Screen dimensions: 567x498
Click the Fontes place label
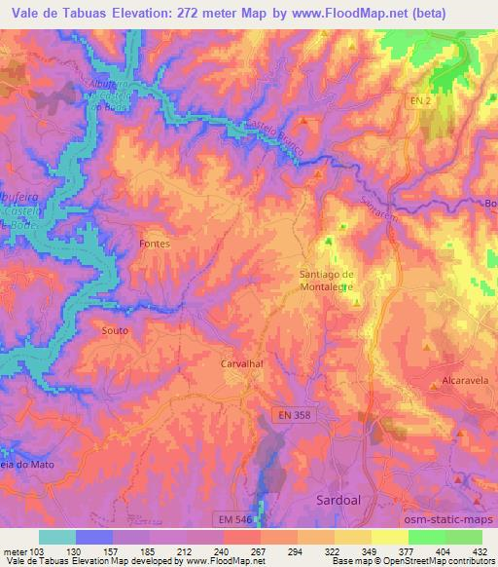(x=155, y=244)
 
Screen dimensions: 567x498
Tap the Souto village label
(x=115, y=330)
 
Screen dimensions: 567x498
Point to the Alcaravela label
(x=435, y=384)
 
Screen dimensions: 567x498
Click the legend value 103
(x=39, y=550)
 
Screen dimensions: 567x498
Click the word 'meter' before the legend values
(x=15, y=550)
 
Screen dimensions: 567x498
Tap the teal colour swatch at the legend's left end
(x=57, y=537)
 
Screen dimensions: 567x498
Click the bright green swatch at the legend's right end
(x=463, y=537)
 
